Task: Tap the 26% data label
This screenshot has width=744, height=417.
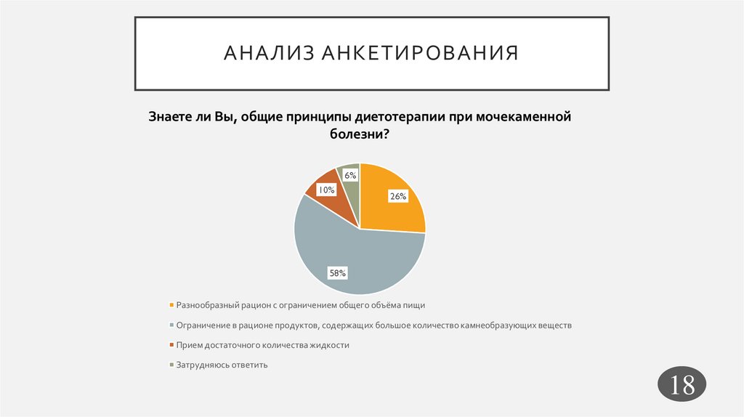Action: [x=397, y=196]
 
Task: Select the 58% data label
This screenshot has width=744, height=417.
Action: [x=338, y=273]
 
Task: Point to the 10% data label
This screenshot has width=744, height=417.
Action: [x=325, y=190]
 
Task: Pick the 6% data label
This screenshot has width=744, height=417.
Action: [x=350, y=175]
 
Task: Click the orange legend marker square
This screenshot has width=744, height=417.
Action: [x=171, y=305]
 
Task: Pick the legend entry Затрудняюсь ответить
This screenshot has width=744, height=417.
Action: [x=222, y=365]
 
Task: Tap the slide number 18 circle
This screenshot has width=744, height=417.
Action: [x=683, y=385]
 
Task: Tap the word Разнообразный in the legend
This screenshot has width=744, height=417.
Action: [x=207, y=305]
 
